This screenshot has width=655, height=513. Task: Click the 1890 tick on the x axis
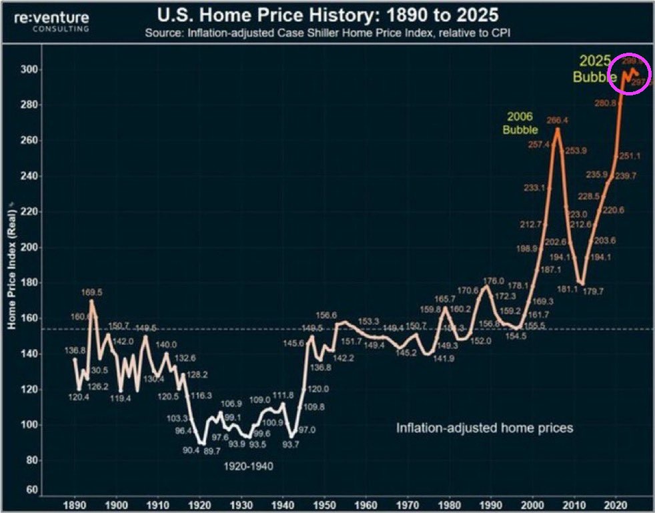click(x=75, y=504)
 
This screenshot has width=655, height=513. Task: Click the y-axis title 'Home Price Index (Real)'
click(x=11, y=277)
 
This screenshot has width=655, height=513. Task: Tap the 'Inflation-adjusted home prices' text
click(x=484, y=428)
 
